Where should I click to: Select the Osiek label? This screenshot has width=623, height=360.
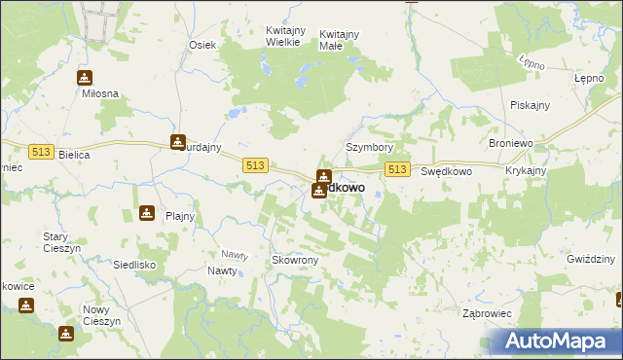(202, 45)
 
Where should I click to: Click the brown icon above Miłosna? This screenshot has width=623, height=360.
(85, 78)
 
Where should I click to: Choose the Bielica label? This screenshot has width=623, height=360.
(74, 155)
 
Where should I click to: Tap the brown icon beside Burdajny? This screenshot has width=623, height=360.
(178, 142)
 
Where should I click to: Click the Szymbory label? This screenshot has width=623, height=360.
(369, 148)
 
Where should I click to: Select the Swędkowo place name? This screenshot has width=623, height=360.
(446, 171)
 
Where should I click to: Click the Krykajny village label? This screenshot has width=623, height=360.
(526, 170)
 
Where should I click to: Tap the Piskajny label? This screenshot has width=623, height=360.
(530, 105)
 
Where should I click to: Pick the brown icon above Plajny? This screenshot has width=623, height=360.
(146, 213)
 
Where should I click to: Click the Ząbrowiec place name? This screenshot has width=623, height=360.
(487, 313)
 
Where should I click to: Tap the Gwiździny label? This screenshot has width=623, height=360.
(590, 259)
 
